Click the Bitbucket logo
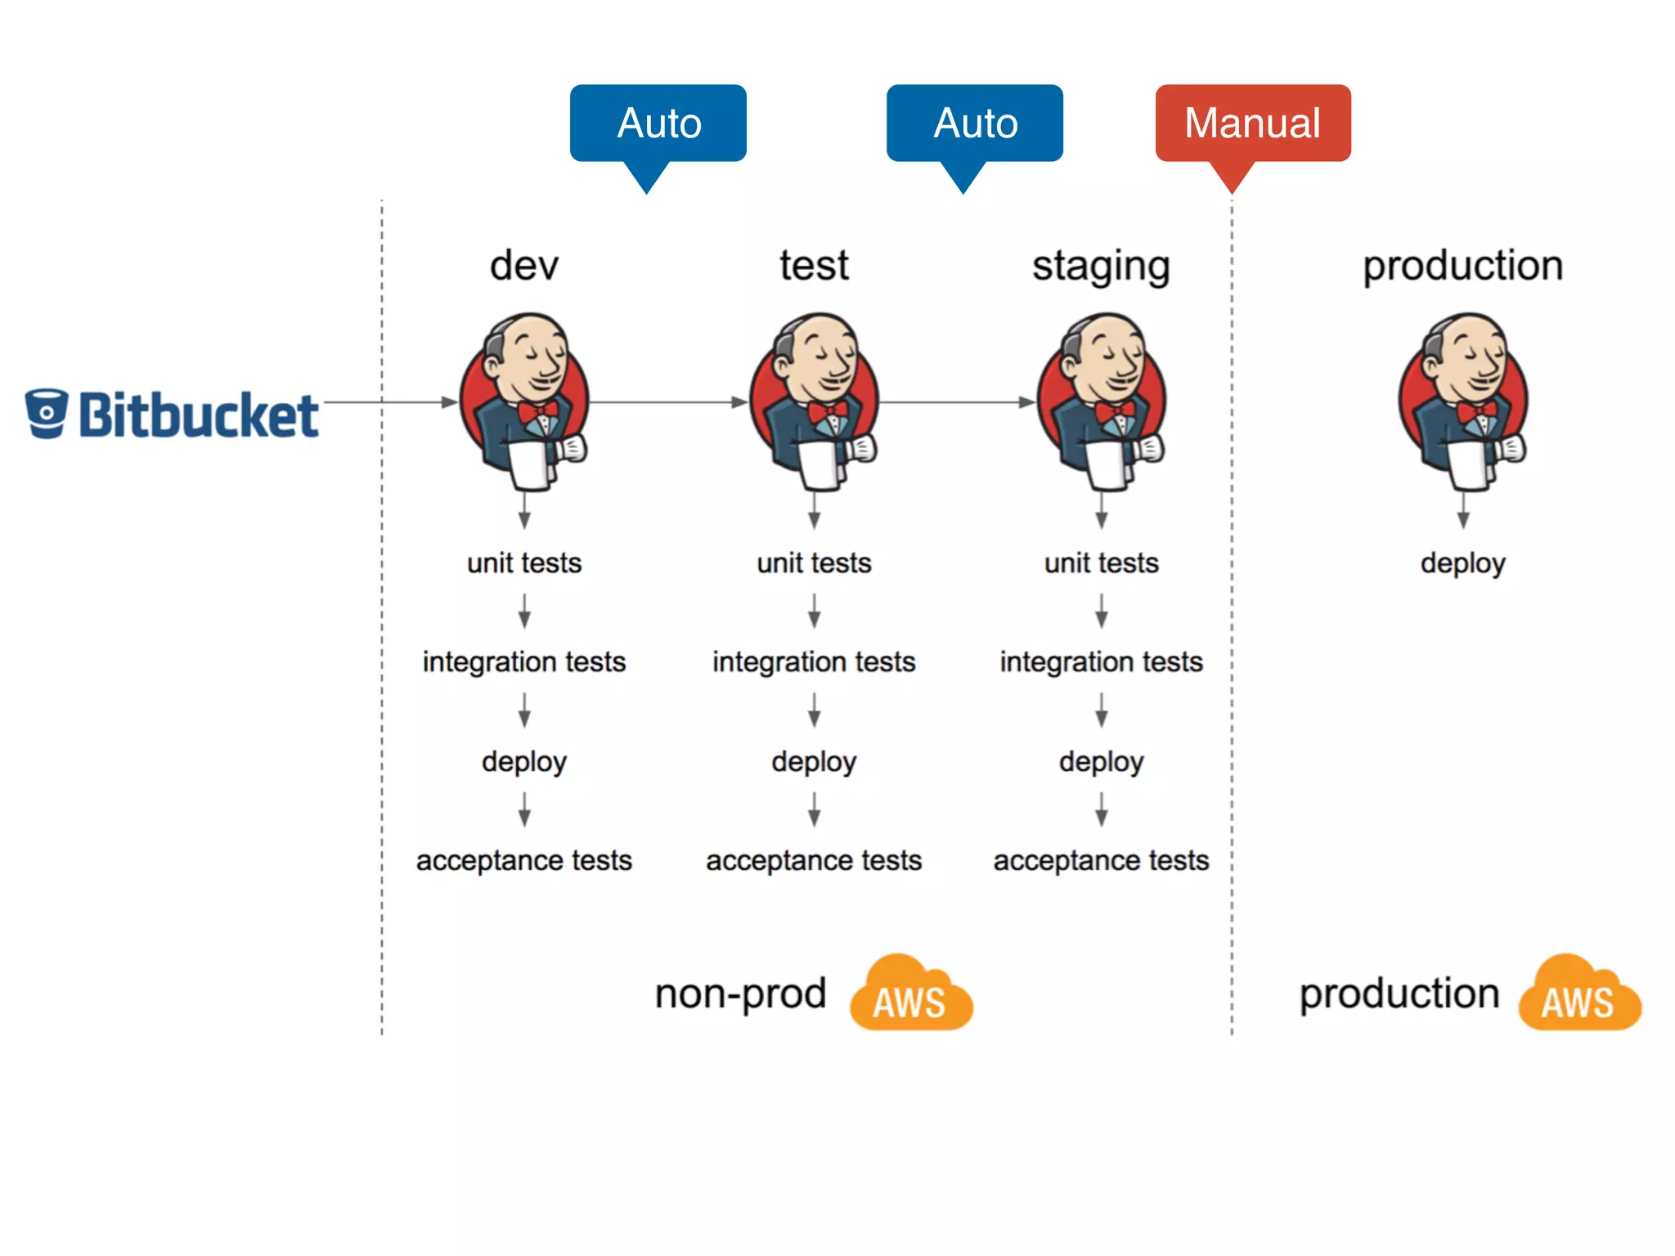[172, 415]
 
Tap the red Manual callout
[1252, 123]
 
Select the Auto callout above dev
[658, 123]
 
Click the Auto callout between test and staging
[975, 123]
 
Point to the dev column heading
[524, 266]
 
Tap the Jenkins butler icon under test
[815, 401]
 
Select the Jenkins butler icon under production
[1463, 401]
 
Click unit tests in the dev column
[524, 563]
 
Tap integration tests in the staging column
[1101, 662]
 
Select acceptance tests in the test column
[814, 861]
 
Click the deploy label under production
[1463, 563]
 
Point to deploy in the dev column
[524, 762]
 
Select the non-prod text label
[740, 994]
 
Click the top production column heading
[1463, 267]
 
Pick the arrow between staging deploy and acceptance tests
[1102, 810]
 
